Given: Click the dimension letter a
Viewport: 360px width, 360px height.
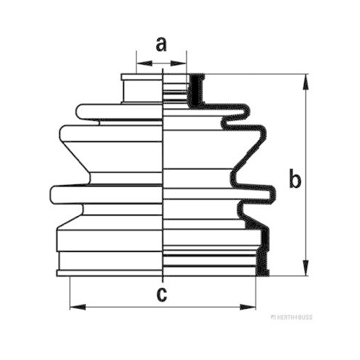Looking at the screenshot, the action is click(x=161, y=45).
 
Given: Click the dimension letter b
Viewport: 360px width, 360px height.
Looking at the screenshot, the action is click(x=295, y=179).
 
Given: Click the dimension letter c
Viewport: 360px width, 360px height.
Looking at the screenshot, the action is click(x=162, y=294).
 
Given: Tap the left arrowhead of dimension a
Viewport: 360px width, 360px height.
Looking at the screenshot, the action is click(x=144, y=63).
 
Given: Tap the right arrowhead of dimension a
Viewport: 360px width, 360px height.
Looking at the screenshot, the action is click(x=179, y=63).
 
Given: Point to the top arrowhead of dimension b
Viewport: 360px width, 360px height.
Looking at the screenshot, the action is click(x=305, y=82).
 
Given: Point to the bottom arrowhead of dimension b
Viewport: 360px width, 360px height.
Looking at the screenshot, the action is click(x=305, y=268).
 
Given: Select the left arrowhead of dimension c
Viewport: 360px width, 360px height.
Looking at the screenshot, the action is click(x=78, y=307).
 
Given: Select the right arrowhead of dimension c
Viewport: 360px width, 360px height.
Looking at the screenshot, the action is click(x=248, y=307).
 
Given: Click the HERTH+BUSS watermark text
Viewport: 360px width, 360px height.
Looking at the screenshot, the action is click(x=292, y=318).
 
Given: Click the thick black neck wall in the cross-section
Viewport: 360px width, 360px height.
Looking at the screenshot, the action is click(x=197, y=90).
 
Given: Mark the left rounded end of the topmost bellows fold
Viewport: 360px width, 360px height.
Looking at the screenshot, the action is click(x=80, y=112).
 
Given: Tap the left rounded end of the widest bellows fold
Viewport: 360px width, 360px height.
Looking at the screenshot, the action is click(x=53, y=195).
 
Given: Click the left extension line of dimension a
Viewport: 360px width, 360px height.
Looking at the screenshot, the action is click(x=136, y=62).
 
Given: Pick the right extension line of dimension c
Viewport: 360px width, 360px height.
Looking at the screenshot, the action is click(x=256, y=293).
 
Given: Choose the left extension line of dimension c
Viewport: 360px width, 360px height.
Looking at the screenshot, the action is click(x=70, y=293).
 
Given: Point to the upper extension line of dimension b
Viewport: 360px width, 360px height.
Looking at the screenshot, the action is click(x=256, y=74).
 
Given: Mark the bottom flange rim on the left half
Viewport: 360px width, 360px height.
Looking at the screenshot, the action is click(x=109, y=273).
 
